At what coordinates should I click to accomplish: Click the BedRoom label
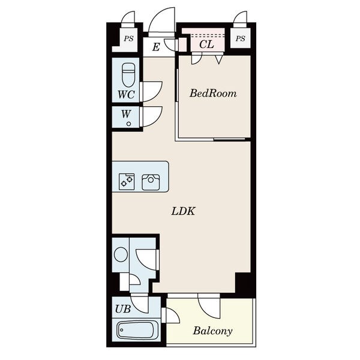pos(213,93)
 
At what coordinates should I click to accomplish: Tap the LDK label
pos(184,211)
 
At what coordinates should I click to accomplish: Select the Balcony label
pos(212,331)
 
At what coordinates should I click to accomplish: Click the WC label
pos(126,94)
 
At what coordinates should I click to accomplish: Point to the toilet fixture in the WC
pos(128,75)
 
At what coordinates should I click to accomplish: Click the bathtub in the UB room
pos(135,330)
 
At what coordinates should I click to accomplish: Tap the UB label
pos(123,309)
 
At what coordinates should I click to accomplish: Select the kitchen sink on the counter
pos(151,182)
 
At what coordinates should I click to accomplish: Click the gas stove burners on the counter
pos(127,182)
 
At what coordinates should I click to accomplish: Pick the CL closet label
pos(206,44)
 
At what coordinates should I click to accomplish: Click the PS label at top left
pos(128,38)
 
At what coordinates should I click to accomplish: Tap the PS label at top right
pos(241,38)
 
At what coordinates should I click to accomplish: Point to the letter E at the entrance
pos(156,47)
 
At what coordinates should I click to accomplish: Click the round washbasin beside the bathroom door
pos(121,254)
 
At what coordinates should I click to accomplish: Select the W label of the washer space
pos(126,114)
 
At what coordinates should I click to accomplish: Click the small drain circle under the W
pos(128,124)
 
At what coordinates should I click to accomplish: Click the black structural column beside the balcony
pos(245,285)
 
